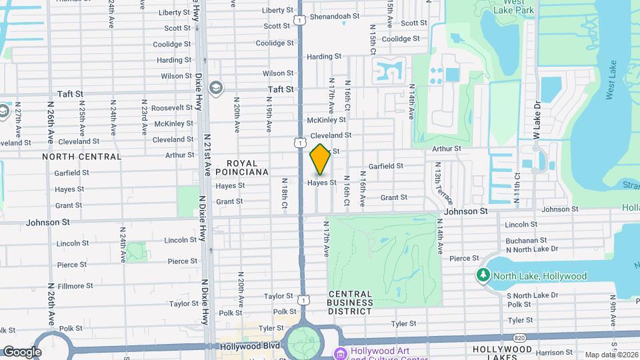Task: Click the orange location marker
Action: tap(320, 160)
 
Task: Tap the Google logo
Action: tap(22, 351)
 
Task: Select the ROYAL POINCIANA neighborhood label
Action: tap(247, 167)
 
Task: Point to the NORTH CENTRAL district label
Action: tap(82, 157)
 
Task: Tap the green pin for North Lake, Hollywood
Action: tap(482, 275)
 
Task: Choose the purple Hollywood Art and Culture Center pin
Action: tap(341, 353)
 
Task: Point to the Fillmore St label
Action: tap(75, 286)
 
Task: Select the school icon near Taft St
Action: tap(216, 87)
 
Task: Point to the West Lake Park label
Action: tap(509, 7)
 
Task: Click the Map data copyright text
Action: tap(611, 355)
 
